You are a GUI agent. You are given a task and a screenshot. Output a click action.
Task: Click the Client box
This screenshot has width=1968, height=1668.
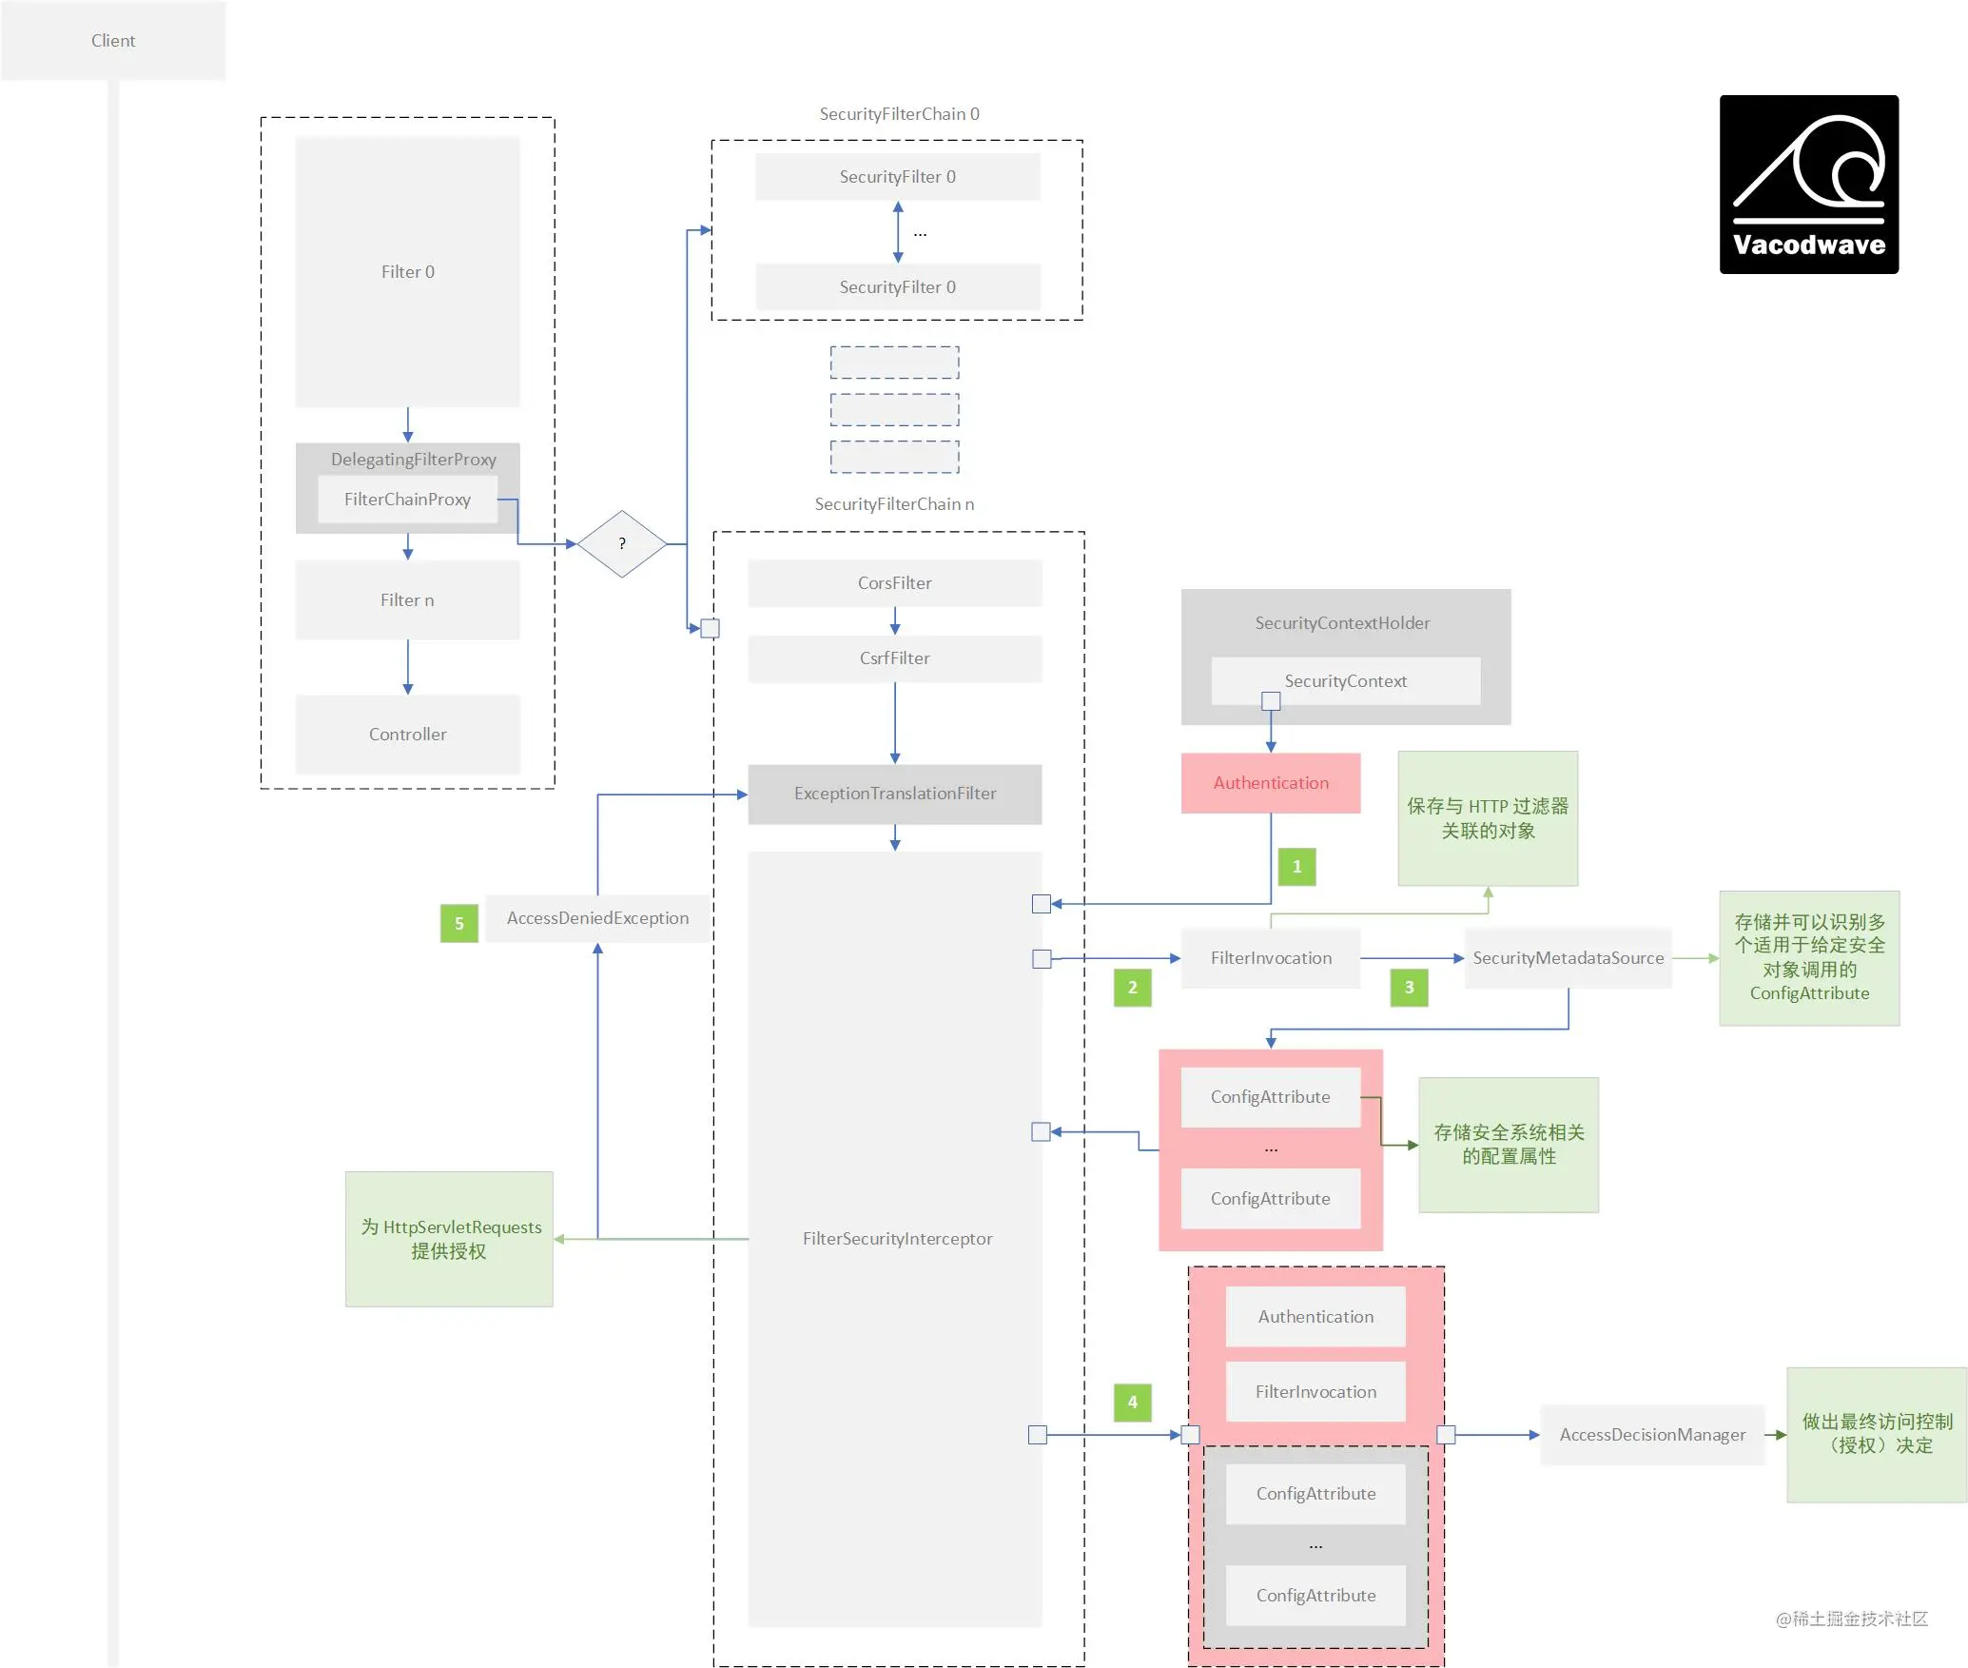tap(113, 41)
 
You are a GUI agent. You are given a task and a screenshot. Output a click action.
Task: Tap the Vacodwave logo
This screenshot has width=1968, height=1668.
tap(1808, 185)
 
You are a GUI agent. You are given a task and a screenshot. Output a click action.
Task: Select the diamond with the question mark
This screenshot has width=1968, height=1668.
tap(622, 544)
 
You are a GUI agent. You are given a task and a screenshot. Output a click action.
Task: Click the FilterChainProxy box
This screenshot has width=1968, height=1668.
tap(407, 500)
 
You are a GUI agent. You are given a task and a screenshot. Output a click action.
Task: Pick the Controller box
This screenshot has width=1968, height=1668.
tap(407, 735)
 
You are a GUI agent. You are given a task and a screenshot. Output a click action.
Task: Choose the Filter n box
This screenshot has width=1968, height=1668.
tap(407, 600)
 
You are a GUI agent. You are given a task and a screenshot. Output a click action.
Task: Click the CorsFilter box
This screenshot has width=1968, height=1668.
tap(895, 583)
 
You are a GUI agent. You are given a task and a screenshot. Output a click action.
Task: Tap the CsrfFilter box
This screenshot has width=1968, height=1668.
tap(895, 658)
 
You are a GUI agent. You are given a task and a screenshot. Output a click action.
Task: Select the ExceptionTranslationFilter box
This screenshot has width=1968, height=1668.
tap(895, 794)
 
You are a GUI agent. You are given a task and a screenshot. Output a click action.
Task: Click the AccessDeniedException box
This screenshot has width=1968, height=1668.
tap(597, 918)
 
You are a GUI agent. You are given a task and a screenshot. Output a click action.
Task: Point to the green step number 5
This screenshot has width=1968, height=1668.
tap(459, 923)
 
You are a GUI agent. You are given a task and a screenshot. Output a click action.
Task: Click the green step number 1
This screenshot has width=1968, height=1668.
tap(1296, 867)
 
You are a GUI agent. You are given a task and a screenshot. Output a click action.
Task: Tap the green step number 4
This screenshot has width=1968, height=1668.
tap(1132, 1402)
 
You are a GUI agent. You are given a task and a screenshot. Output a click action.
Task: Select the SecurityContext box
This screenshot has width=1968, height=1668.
tap(1345, 681)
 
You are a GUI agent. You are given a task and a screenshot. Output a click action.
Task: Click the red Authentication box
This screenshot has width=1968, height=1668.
tap(1271, 783)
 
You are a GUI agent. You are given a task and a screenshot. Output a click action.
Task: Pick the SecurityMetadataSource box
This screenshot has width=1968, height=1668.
tap(1568, 958)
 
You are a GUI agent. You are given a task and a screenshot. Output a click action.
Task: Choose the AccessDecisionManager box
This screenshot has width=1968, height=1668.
tap(1652, 1435)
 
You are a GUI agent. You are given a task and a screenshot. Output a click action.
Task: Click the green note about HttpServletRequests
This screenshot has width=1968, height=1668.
tap(449, 1239)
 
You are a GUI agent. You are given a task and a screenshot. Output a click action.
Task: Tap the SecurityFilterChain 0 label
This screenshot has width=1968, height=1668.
tap(899, 114)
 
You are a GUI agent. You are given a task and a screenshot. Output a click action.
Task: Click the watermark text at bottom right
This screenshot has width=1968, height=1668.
tap(1851, 1619)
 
